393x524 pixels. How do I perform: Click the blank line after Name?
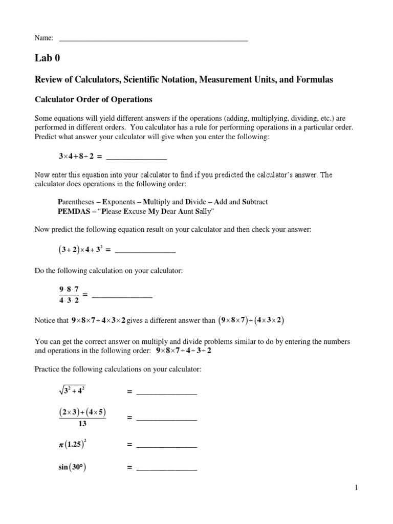coord(154,39)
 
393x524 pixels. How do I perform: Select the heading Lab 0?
coord(47,58)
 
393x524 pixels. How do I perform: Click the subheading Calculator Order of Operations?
coord(93,99)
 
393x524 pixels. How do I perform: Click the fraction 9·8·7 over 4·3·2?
coord(69,295)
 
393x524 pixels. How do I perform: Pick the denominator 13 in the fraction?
coord(82,424)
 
